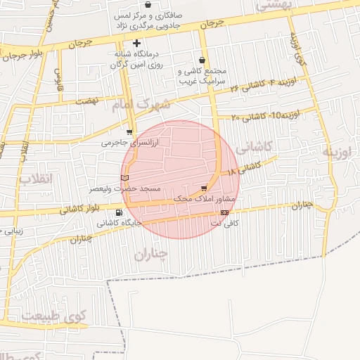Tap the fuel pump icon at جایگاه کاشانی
117,212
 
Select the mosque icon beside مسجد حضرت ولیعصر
125,179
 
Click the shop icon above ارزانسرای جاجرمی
129,131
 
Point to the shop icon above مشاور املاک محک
204,188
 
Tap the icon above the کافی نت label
224,212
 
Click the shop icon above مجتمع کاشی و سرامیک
202,61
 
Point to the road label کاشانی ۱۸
243,168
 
